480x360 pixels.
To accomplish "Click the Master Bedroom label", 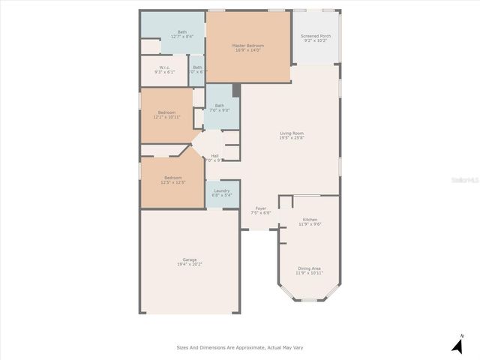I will pyautogui.click(x=248, y=46).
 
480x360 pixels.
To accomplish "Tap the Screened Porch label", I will pyautogui.click(x=316, y=36).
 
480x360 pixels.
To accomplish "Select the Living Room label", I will pyautogui.click(x=291, y=133).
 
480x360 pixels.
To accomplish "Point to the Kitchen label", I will pyautogui.click(x=310, y=220).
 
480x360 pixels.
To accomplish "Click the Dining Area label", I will pyautogui.click(x=309, y=268).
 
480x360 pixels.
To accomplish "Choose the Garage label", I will pyautogui.click(x=190, y=259).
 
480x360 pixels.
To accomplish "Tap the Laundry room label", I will pyautogui.click(x=221, y=190).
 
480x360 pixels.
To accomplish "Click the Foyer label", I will pyautogui.click(x=261, y=208).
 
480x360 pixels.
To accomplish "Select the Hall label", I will pyautogui.click(x=215, y=156).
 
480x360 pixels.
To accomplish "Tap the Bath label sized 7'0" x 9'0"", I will pyautogui.click(x=219, y=106).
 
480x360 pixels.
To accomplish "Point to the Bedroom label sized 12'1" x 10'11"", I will pyautogui.click(x=166, y=112).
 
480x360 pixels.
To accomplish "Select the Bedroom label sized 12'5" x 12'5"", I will pyautogui.click(x=172, y=178).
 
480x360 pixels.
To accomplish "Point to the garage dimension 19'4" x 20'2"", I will pyautogui.click(x=190, y=265).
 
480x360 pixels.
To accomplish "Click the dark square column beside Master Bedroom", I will pyautogui.click(x=236, y=91).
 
